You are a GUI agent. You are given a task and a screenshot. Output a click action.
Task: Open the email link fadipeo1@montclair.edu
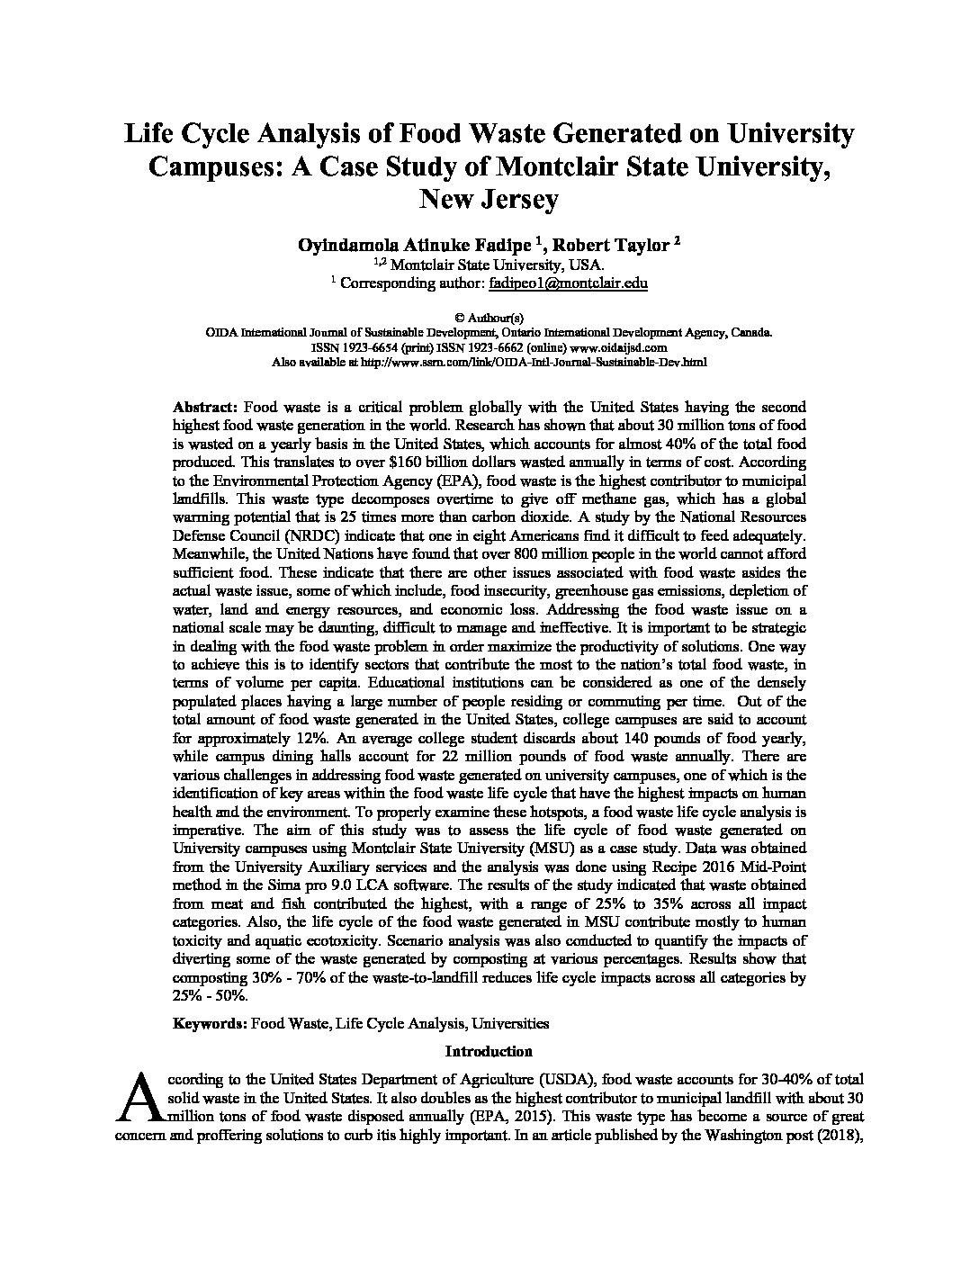568,283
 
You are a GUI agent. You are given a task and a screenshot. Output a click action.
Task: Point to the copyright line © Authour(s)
489,317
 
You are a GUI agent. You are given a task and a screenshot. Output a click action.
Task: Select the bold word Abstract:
204,407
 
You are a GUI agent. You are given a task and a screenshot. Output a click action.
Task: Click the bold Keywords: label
210,1023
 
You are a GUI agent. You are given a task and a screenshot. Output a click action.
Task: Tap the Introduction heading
489,1051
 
